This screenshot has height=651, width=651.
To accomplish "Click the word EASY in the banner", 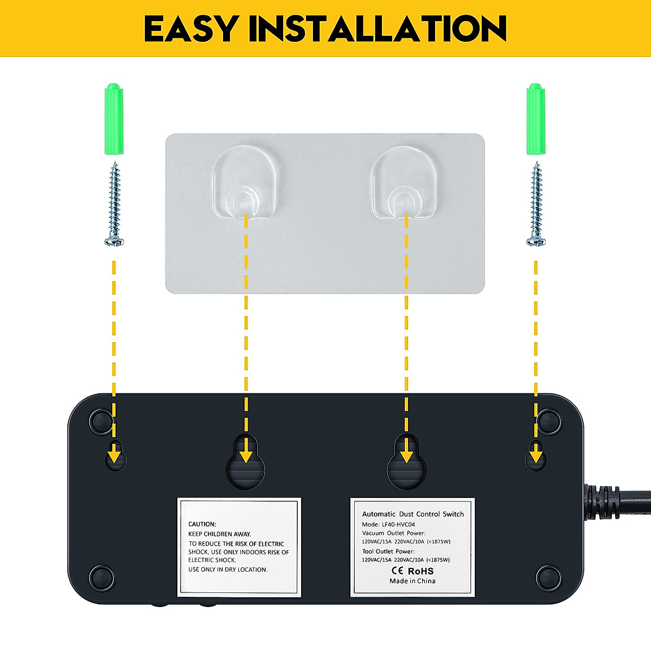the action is tap(190, 29).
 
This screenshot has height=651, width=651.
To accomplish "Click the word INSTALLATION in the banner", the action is tap(378, 29).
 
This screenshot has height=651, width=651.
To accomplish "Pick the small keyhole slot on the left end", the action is tap(114, 456).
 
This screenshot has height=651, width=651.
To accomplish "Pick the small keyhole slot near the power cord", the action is tap(535, 456).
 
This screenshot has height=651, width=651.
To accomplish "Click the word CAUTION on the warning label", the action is tap(202, 524).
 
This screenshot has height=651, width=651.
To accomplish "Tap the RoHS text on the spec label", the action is tap(420, 571).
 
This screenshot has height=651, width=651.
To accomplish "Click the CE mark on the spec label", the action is tap(398, 571).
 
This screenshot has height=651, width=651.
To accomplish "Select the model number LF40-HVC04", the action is tap(398, 525).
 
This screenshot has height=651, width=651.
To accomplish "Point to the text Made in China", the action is tap(412, 581).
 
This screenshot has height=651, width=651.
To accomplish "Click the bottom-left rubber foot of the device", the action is tap(102, 578).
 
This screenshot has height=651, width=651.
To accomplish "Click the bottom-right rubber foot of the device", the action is tap(548, 578).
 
